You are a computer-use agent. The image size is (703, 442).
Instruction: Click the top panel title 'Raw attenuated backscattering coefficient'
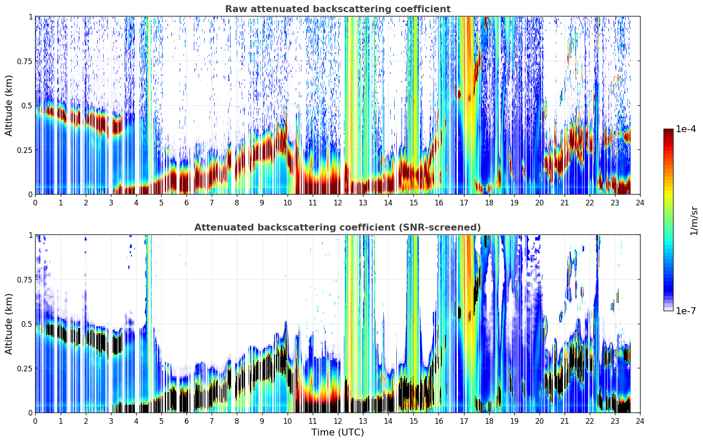click(x=338, y=9)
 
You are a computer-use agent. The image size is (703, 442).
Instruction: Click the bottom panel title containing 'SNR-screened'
click(x=338, y=227)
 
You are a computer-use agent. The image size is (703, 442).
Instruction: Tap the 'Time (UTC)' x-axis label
click(x=338, y=432)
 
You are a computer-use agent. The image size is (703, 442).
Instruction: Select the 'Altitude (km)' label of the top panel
click(x=9, y=106)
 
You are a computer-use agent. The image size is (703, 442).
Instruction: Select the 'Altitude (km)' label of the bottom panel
click(x=9, y=324)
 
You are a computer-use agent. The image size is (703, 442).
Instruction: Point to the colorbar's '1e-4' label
click(x=686, y=129)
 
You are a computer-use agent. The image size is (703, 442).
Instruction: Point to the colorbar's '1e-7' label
click(x=686, y=311)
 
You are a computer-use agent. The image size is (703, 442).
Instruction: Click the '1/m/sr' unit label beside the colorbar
click(x=694, y=221)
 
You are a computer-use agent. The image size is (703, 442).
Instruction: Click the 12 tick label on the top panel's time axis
click(x=338, y=203)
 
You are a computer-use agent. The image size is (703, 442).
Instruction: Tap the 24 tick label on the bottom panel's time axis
click(x=640, y=421)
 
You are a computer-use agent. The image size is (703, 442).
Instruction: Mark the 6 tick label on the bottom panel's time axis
click(x=186, y=421)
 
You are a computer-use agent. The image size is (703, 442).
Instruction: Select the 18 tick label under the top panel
click(x=489, y=203)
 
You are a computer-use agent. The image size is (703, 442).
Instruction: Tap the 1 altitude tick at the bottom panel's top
click(x=30, y=235)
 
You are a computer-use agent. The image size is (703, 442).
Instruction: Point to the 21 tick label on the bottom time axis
click(x=565, y=421)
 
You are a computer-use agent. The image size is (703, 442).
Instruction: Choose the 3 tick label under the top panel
click(x=111, y=203)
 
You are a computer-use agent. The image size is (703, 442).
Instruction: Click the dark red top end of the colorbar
click(x=668, y=130)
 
